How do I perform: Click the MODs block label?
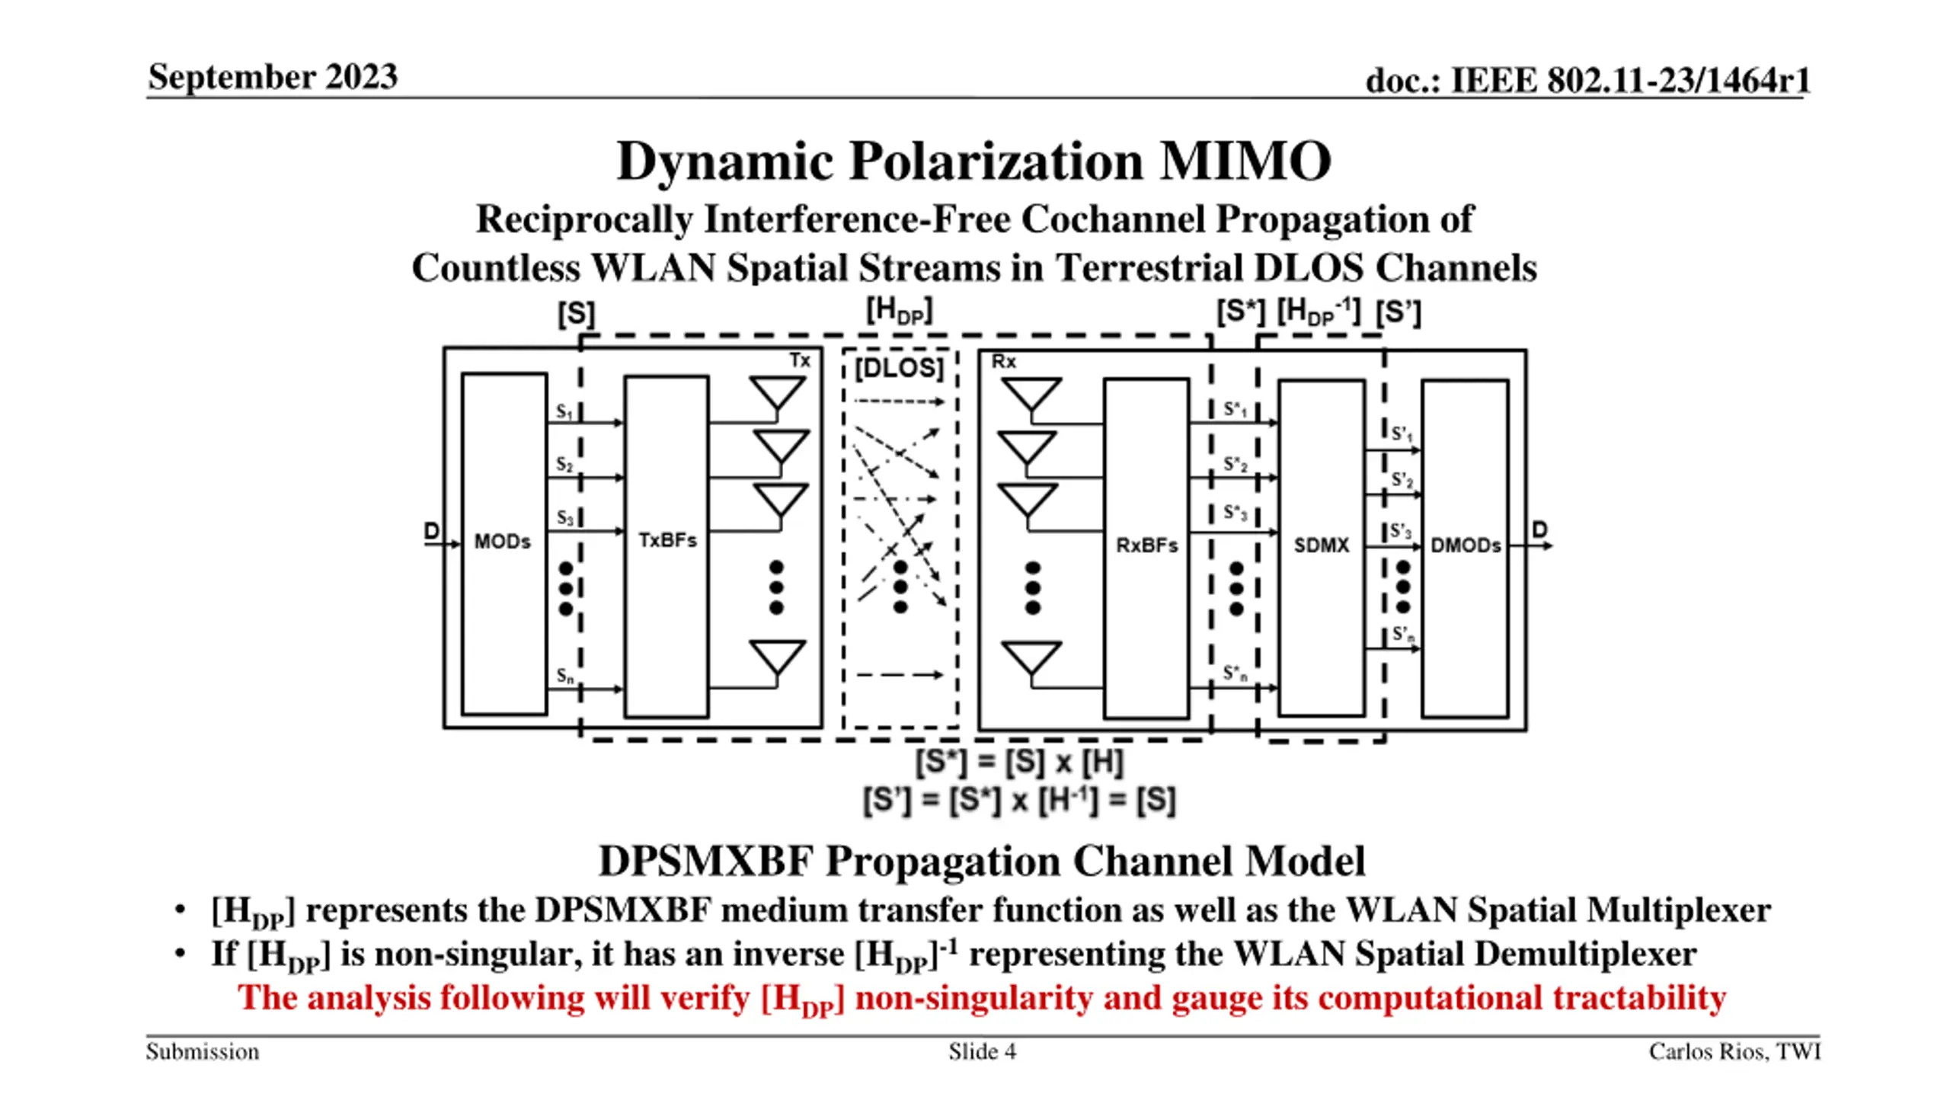click(x=502, y=542)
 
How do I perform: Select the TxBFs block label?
click(x=667, y=540)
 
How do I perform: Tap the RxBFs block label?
click(x=1146, y=545)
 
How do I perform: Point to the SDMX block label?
click(x=1321, y=545)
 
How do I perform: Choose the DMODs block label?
click(x=1466, y=545)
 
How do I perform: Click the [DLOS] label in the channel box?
click(x=899, y=369)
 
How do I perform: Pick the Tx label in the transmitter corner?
click(x=799, y=360)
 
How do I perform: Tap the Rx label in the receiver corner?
click(x=1003, y=362)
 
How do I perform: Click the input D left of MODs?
click(x=432, y=531)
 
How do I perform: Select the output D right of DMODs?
click(x=1539, y=529)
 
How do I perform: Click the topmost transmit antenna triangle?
click(x=777, y=393)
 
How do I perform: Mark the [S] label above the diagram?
click(x=576, y=314)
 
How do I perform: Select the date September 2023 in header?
click(x=273, y=77)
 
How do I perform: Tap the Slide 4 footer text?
click(x=982, y=1052)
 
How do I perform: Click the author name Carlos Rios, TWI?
click(x=1734, y=1052)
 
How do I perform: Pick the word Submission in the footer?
click(x=203, y=1052)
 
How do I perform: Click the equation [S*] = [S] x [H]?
click(x=1019, y=763)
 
